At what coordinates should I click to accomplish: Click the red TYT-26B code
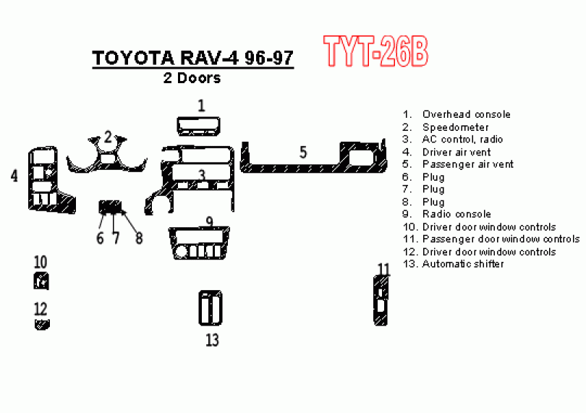click(375, 51)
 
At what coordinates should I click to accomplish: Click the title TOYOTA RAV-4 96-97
click(193, 58)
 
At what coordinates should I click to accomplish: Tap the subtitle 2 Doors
click(192, 78)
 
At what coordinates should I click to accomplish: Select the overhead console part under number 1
click(198, 126)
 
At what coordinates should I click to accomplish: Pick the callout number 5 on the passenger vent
click(303, 153)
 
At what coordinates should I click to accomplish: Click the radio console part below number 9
click(198, 243)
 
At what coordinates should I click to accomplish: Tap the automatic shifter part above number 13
click(211, 308)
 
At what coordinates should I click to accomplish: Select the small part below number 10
click(41, 281)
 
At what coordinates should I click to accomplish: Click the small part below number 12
click(42, 324)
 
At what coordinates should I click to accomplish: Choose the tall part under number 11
click(381, 301)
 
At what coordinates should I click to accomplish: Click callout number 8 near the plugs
click(139, 238)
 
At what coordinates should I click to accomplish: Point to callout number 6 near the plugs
click(100, 238)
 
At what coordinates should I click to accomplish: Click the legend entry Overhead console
click(467, 114)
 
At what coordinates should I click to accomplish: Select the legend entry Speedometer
click(456, 127)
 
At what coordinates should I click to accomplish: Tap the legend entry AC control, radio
click(462, 140)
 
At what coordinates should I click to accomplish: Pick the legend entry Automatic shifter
click(463, 264)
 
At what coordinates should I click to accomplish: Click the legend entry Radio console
click(457, 214)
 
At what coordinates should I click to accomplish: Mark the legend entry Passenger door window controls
click(501, 239)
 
